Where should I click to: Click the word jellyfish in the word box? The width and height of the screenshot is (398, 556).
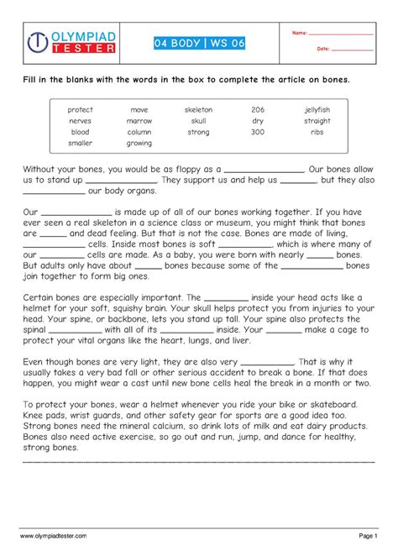(x=317, y=110)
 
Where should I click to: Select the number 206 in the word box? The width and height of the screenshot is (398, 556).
(x=257, y=110)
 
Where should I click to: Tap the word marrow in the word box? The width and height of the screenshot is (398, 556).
(x=139, y=121)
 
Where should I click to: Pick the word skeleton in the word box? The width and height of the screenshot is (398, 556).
(x=198, y=110)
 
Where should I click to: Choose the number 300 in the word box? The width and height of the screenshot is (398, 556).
(x=257, y=132)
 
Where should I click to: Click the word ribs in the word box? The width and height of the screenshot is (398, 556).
(x=317, y=132)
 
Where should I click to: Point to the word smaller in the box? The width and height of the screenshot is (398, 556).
(x=81, y=143)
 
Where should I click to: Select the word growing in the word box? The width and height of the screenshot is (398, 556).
(x=139, y=143)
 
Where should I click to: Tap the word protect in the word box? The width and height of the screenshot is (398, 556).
(x=81, y=110)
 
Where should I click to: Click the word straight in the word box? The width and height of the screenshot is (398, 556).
(x=317, y=121)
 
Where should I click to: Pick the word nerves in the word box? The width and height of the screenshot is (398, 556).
(x=81, y=121)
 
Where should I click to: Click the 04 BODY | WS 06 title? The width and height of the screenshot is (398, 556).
(x=199, y=43)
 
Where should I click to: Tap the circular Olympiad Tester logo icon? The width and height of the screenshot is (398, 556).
(x=38, y=43)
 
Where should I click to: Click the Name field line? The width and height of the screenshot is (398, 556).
(x=340, y=34)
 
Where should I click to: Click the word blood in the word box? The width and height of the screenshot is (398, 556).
(x=81, y=132)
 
